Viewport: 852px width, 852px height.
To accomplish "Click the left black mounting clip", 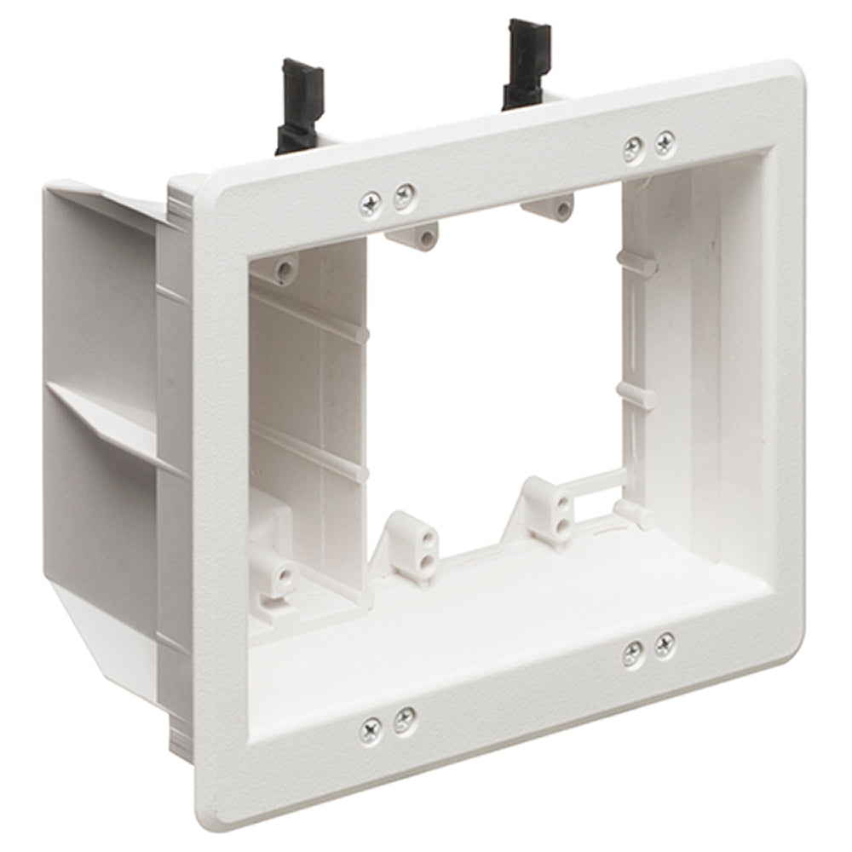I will tap(300, 106).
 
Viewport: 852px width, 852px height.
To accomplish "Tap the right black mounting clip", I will tap(526, 64).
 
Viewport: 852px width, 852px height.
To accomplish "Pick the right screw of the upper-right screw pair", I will tap(665, 143).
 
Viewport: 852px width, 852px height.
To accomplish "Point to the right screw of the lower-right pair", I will tap(665, 646).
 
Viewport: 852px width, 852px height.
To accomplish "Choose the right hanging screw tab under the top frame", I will tap(552, 207).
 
